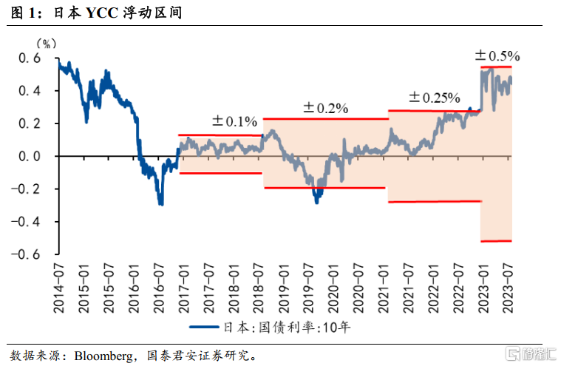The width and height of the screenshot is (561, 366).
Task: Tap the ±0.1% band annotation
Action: coord(234,121)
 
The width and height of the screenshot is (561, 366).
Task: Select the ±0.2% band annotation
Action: coord(325,108)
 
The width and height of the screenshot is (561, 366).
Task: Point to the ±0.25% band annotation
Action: coord(435,98)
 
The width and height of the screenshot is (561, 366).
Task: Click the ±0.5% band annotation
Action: coord(497,55)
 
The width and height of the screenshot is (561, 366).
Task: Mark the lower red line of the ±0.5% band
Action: coord(496,240)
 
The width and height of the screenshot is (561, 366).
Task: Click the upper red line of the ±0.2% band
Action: coord(325,118)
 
